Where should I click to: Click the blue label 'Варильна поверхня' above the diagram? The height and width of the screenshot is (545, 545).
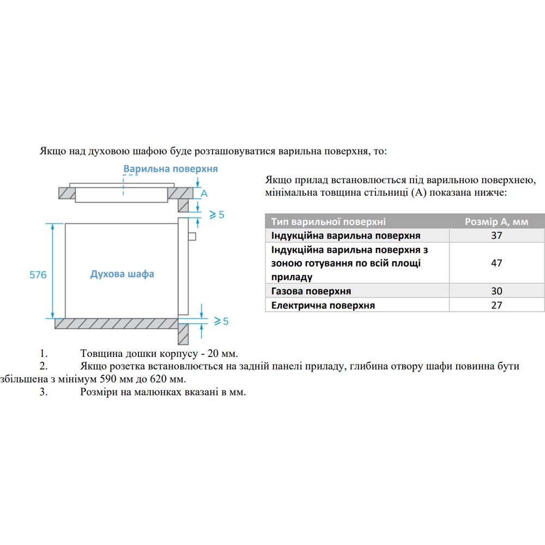[170, 169]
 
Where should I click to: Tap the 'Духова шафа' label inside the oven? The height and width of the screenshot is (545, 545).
[122, 274]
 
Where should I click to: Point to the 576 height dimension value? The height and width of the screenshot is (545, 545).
[38, 275]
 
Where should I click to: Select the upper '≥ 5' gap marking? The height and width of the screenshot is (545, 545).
[217, 215]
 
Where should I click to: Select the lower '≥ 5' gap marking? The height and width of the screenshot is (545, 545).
[221, 322]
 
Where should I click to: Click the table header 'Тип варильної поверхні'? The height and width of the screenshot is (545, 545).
[328, 222]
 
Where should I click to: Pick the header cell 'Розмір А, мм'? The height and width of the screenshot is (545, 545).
[496, 222]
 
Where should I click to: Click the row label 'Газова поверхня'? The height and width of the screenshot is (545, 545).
[311, 291]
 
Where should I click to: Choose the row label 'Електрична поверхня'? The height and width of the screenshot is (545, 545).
[323, 305]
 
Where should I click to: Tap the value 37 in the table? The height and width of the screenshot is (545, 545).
[496, 235]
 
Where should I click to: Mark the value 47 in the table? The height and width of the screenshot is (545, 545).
[496, 263]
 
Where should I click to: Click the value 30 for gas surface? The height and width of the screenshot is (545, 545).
[496, 291]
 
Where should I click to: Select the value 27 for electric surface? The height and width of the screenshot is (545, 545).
[496, 305]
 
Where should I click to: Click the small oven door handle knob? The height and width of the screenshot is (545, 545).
[191, 236]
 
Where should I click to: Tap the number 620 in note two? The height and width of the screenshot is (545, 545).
[168, 379]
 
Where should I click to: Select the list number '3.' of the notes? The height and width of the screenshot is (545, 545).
[44, 392]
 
